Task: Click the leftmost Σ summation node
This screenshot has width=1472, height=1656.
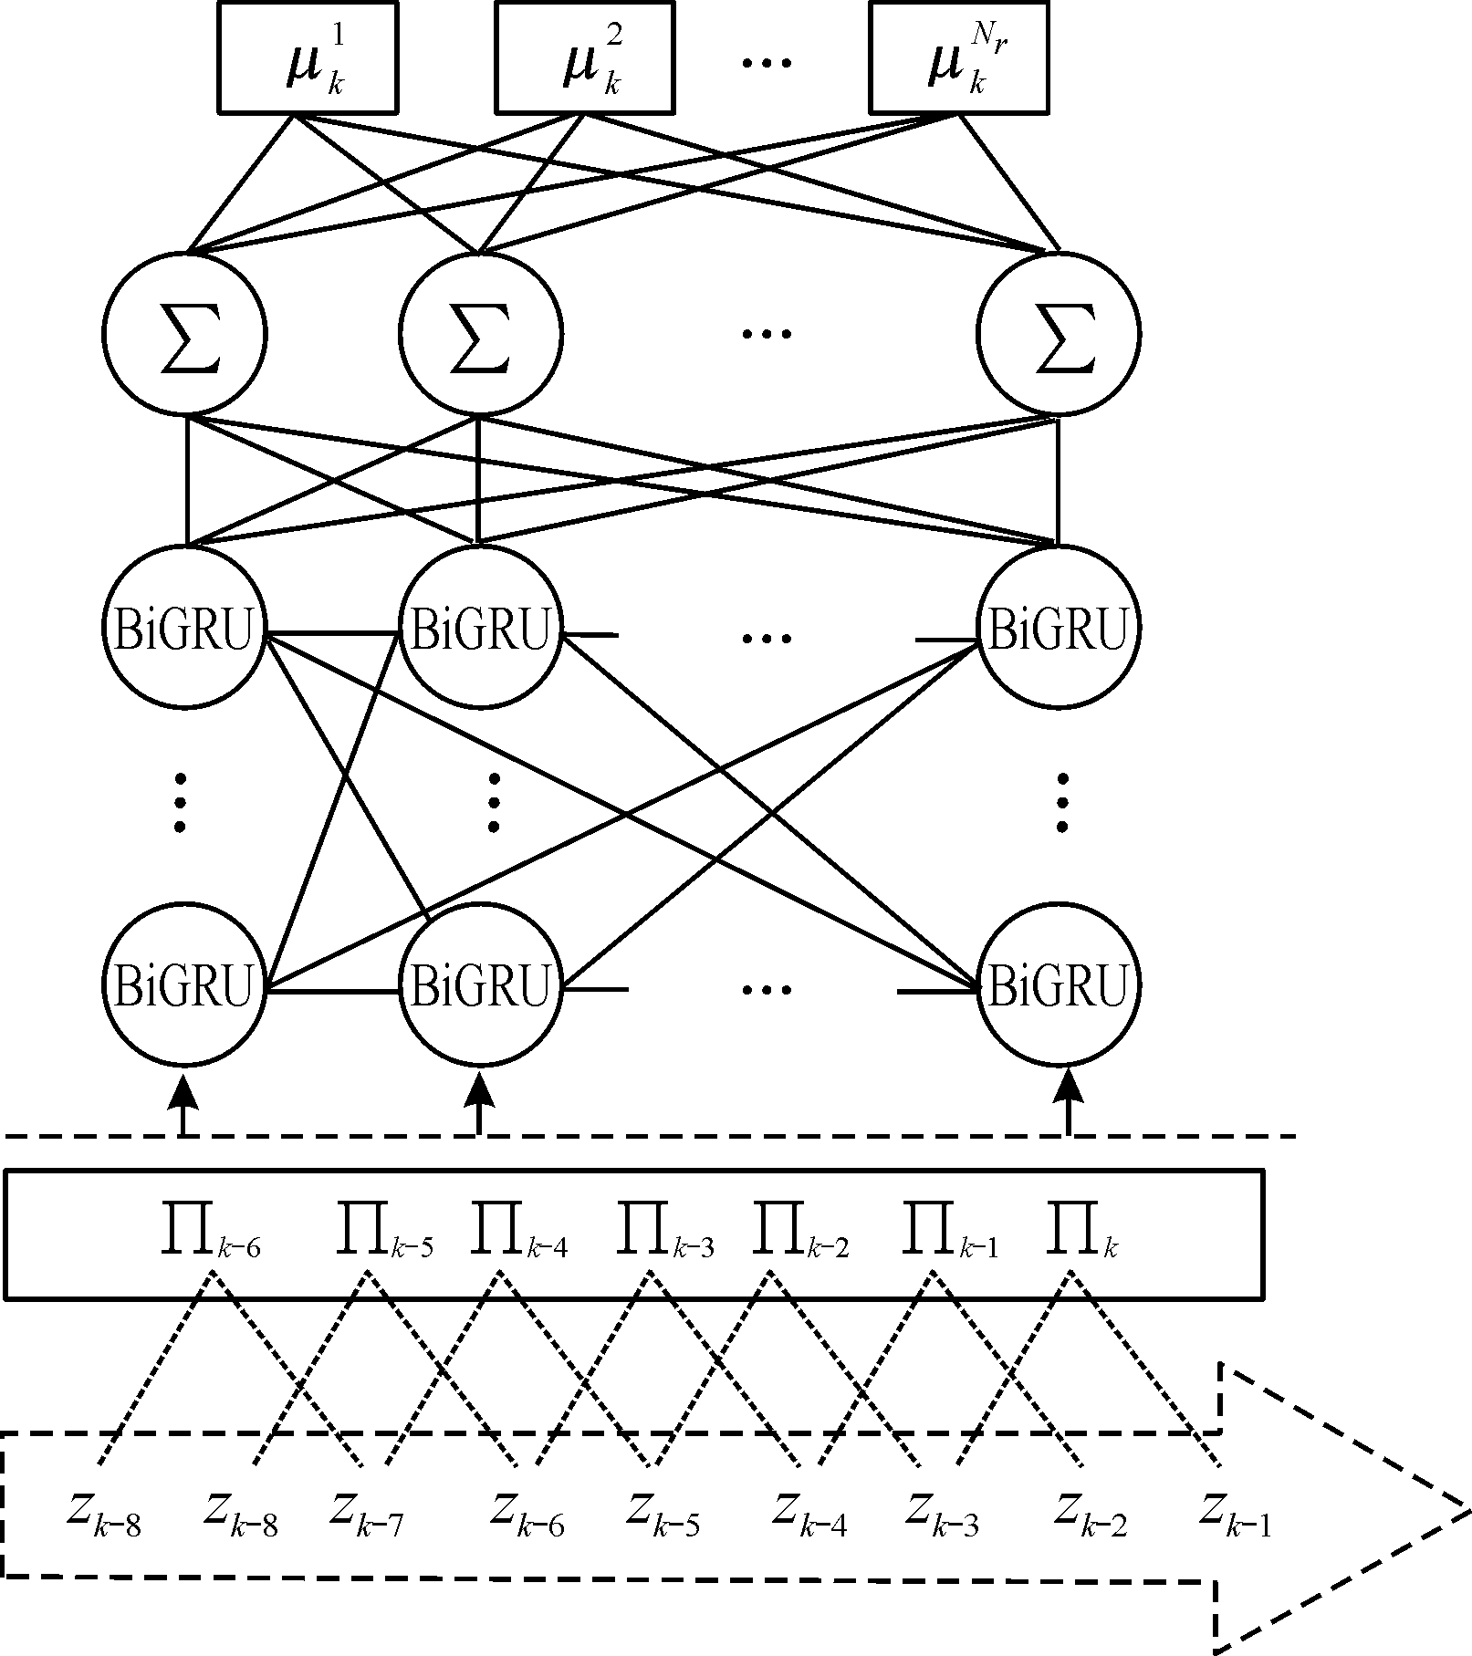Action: (184, 333)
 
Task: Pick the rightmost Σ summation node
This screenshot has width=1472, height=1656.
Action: (1058, 333)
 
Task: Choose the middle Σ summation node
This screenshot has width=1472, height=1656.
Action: (480, 333)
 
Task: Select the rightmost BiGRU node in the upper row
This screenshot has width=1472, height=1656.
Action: (1058, 628)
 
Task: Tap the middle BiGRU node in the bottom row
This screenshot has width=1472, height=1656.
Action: (480, 985)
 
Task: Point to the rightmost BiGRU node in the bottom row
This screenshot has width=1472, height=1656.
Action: (1058, 985)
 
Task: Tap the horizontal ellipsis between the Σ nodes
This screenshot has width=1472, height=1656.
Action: (766, 334)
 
